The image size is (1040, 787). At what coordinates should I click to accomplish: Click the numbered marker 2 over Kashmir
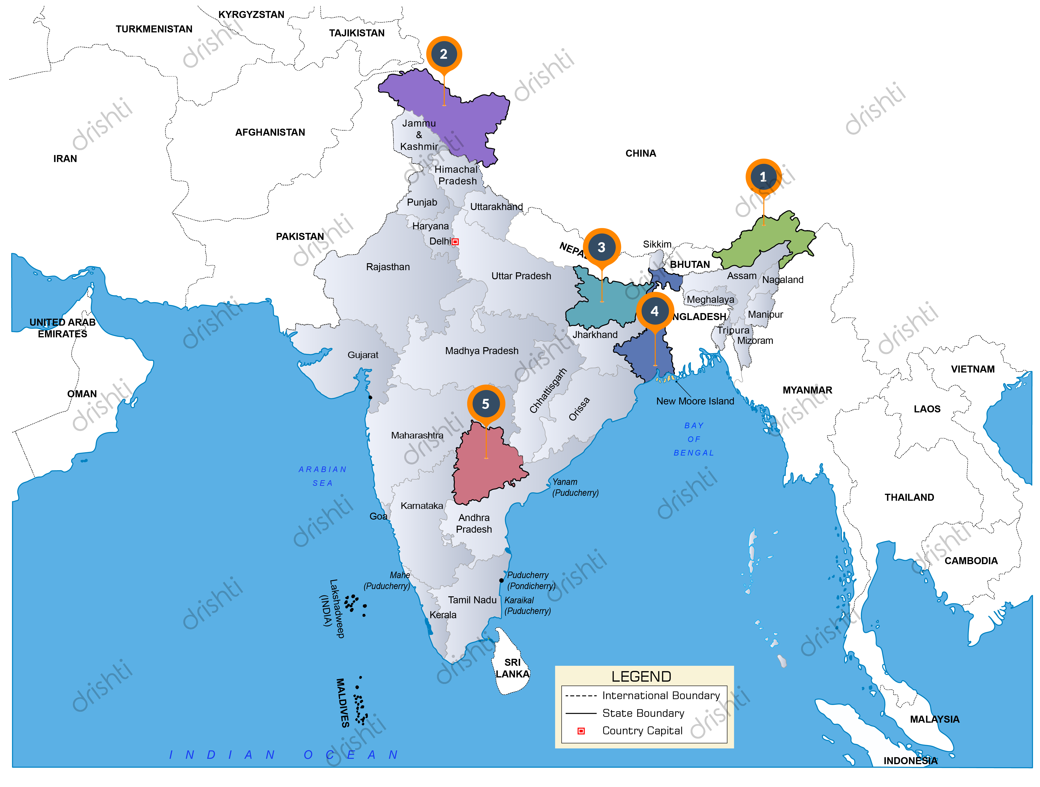point(443,54)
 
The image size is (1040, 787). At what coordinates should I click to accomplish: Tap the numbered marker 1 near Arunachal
point(763,177)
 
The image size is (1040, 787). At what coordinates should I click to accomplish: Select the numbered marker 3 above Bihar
point(601,247)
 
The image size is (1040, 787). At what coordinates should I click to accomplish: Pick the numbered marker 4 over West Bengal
point(654,311)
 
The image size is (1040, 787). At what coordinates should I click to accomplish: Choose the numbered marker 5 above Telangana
point(486,404)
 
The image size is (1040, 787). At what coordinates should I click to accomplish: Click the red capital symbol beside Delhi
point(455,242)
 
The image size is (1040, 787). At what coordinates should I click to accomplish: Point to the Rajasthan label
point(388,267)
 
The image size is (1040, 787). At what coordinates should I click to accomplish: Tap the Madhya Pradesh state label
point(481,351)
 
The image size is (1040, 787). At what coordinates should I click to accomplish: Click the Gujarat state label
point(362,355)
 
